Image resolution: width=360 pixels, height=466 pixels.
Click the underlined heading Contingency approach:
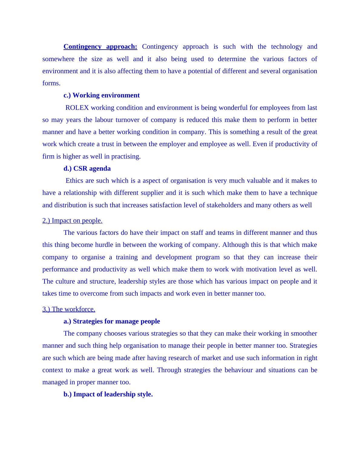100,47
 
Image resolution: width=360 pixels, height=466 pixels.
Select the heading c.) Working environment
101,95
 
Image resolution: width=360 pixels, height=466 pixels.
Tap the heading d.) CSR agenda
87,169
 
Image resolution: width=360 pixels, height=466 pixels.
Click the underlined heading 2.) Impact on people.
72,221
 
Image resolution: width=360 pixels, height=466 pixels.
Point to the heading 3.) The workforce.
69,309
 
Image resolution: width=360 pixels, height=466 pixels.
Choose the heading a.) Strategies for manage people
112,321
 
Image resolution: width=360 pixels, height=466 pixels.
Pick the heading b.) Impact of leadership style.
108,394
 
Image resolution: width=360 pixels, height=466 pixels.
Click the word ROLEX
77,108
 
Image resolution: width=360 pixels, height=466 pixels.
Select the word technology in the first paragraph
286,47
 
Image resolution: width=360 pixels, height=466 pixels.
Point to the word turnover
125,120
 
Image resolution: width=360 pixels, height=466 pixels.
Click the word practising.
126,156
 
